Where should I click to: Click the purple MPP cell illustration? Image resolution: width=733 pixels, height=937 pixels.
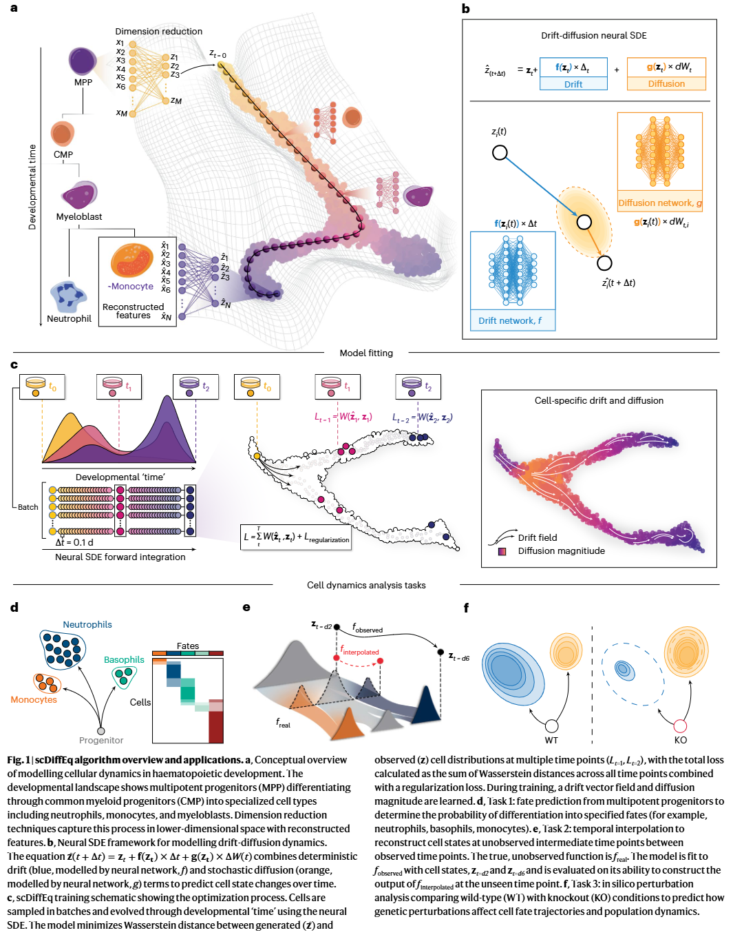[x=83, y=61]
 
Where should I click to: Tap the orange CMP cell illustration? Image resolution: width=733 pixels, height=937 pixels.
[x=62, y=133]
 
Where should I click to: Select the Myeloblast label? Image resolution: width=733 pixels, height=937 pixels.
[x=79, y=216]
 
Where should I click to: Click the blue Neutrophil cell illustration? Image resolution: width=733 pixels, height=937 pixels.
[x=68, y=296]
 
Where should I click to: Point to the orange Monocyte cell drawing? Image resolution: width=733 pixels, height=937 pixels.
[x=132, y=260]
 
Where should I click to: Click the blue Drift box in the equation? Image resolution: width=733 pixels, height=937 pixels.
[x=573, y=74]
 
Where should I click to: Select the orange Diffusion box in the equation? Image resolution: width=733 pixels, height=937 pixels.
[x=666, y=74]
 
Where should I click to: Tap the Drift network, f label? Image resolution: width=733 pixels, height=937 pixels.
[x=510, y=320]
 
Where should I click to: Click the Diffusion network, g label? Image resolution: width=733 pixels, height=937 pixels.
[x=660, y=203]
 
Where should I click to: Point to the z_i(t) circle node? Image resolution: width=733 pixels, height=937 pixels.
[x=500, y=152]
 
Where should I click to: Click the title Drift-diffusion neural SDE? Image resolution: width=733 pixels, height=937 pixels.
[x=593, y=35]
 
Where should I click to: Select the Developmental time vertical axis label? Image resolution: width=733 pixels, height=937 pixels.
[x=32, y=187]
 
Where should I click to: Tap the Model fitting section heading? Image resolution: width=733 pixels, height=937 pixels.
[x=366, y=353]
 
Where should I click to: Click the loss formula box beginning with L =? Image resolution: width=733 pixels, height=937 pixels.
[x=296, y=537]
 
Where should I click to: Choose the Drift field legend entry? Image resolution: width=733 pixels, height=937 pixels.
[x=538, y=537]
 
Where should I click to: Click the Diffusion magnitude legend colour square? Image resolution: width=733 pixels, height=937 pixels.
[x=502, y=551]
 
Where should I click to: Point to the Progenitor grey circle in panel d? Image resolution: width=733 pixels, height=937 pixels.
[x=101, y=731]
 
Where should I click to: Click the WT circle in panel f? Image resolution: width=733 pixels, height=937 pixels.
[x=551, y=725]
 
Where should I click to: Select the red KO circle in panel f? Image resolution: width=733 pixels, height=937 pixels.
[x=680, y=725]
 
